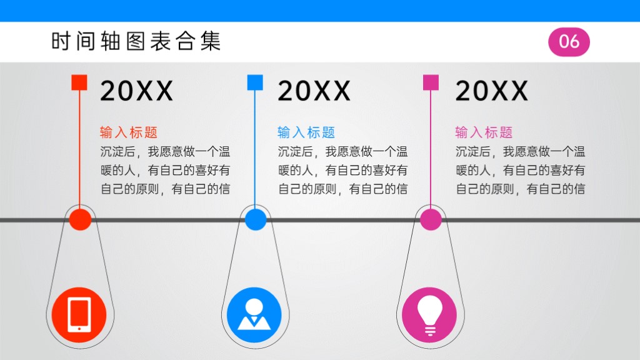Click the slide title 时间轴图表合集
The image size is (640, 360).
point(136,41)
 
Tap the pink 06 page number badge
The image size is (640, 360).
point(569,42)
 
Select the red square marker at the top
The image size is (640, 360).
point(79,82)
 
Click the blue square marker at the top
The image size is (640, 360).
point(255,82)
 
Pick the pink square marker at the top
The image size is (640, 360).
point(431,82)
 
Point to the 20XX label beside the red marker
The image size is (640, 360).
point(137,91)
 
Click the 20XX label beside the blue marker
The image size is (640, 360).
point(314,91)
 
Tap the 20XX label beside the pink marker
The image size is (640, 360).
point(492,91)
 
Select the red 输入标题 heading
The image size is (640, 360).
point(129,132)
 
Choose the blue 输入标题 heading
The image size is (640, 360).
point(306,132)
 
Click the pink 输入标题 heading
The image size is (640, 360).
point(484,132)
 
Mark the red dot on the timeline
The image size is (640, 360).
point(80,219)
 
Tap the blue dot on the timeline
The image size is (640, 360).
point(256,219)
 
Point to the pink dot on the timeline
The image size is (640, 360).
point(431,219)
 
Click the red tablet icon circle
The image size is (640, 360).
point(79,315)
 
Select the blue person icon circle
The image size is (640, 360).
point(254,315)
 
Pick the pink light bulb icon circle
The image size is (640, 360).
point(429,315)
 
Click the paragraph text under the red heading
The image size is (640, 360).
point(165,170)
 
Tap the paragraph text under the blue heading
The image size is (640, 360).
point(343,170)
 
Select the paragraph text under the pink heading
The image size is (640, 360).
point(521,170)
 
